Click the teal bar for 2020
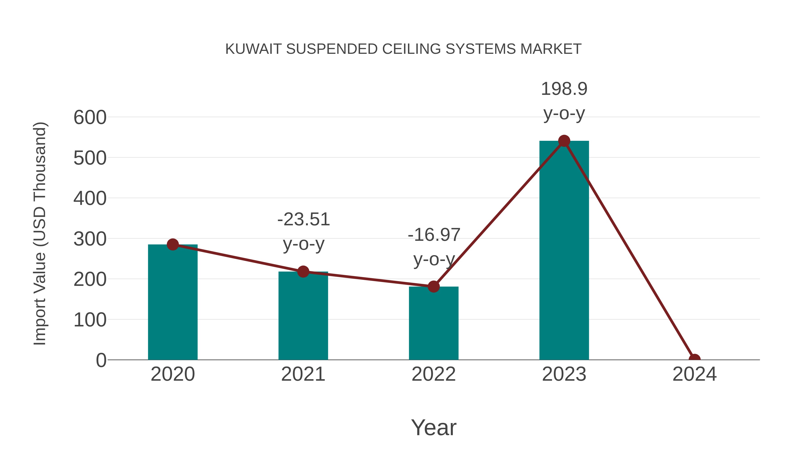[x=173, y=302]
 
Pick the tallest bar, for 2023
[x=564, y=251]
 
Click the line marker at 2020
[x=173, y=244]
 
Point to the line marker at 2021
[x=303, y=272]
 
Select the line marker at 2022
[x=433, y=286]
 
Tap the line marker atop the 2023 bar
[x=564, y=141]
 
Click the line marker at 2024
[x=694, y=359]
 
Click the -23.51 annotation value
[x=304, y=219]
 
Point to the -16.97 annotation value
[x=434, y=235]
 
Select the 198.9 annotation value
[x=564, y=89]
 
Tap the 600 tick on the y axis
[x=90, y=118]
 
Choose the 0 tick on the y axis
[x=101, y=360]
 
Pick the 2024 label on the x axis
[x=694, y=374]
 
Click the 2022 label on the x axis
[x=433, y=374]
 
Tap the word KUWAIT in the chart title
[x=253, y=49]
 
